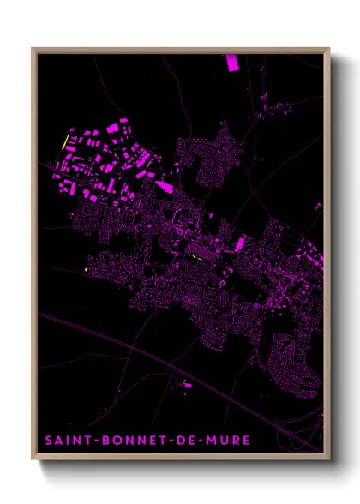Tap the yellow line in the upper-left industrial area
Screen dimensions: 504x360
click(66, 139)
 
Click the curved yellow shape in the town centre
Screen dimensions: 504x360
click(196, 255)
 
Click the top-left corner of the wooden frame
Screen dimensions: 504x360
click(33, 49)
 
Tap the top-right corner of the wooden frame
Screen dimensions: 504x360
click(329, 49)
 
